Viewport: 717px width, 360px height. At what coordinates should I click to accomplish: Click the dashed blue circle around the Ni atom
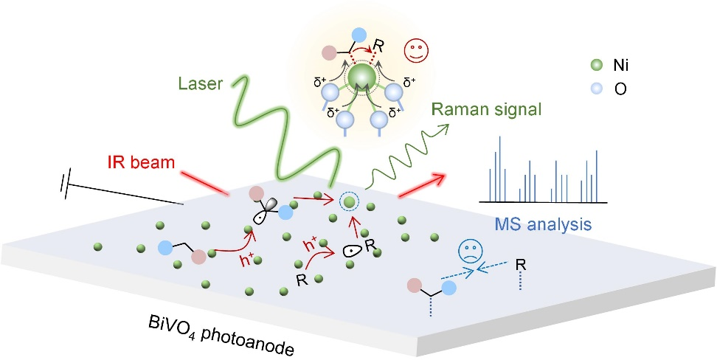point(350,200)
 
